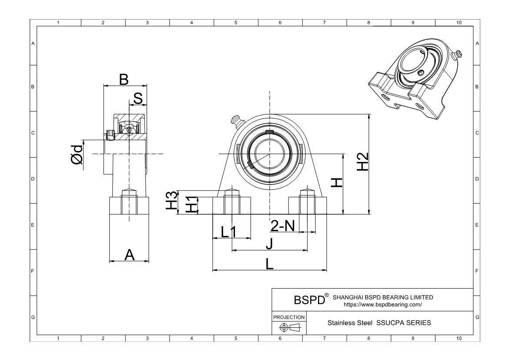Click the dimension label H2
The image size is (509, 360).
click(363, 162)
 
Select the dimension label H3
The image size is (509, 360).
click(172, 200)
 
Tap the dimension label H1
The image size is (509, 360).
click(191, 205)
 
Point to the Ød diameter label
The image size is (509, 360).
click(77, 154)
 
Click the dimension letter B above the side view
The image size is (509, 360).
click(124, 79)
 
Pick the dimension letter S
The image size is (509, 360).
click(138, 98)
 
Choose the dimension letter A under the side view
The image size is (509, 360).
click(130, 255)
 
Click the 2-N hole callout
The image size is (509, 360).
click(282, 225)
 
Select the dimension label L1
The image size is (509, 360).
click(228, 232)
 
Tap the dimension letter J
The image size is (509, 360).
click(269, 244)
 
